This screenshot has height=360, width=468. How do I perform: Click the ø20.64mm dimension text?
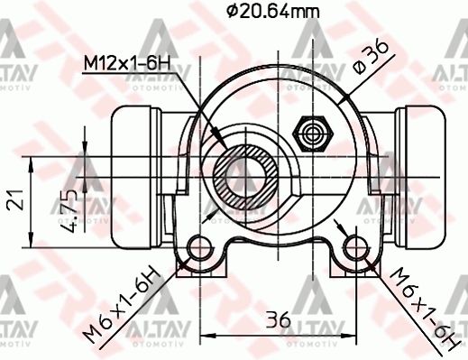273,12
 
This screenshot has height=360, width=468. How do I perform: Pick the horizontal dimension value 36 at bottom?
277,318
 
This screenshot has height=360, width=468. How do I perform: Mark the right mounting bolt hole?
354,248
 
